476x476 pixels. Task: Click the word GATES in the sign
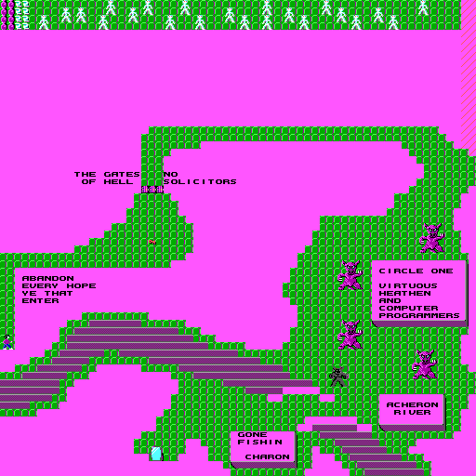(x=122, y=175)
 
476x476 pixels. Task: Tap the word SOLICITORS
(x=200, y=182)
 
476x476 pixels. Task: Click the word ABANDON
(x=48, y=279)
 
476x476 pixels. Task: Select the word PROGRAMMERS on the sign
(x=419, y=316)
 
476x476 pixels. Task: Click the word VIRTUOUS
(x=408, y=286)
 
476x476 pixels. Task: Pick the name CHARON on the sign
(x=267, y=457)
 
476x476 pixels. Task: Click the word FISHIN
(x=259, y=443)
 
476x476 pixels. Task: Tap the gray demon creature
(x=337, y=377)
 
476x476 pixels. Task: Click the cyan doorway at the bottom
(x=156, y=454)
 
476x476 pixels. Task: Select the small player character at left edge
(x=7, y=342)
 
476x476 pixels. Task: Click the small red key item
(x=152, y=242)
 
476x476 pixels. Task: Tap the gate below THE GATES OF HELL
(x=152, y=190)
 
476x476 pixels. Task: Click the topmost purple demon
(x=431, y=238)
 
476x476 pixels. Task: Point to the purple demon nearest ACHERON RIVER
(x=424, y=364)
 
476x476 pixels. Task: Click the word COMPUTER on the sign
(x=408, y=309)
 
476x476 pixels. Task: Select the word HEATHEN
(x=404, y=294)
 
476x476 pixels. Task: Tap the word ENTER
(x=40, y=301)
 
